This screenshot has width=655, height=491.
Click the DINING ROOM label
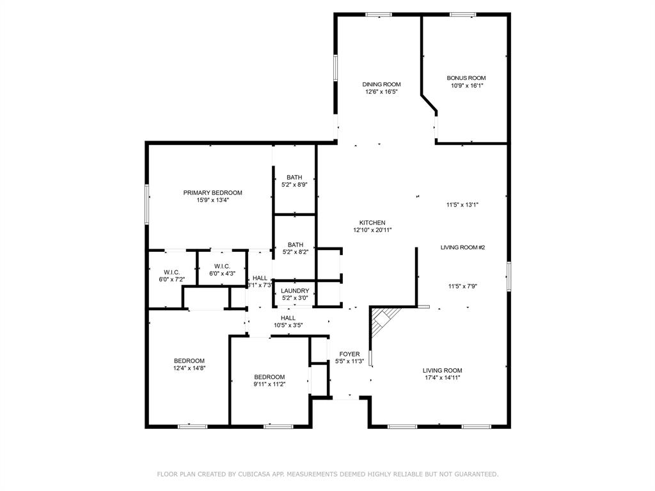pos(381,84)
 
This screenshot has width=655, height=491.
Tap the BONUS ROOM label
pos(466,78)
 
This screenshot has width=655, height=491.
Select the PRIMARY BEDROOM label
pos(212,192)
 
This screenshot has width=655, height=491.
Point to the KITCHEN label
pos(372,222)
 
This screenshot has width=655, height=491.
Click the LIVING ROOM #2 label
pos(462,247)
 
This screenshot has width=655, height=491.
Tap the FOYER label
pos(349,354)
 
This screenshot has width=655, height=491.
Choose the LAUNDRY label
pos(295,290)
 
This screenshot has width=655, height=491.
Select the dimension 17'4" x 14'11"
pos(442,378)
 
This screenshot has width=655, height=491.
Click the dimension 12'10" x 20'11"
pos(372,230)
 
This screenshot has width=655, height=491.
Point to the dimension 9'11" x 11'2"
pos(269,384)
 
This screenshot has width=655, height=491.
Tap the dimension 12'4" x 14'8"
pos(189,368)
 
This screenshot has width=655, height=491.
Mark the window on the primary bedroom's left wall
pos(147,204)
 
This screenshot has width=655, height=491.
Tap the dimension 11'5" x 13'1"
pos(462,205)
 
